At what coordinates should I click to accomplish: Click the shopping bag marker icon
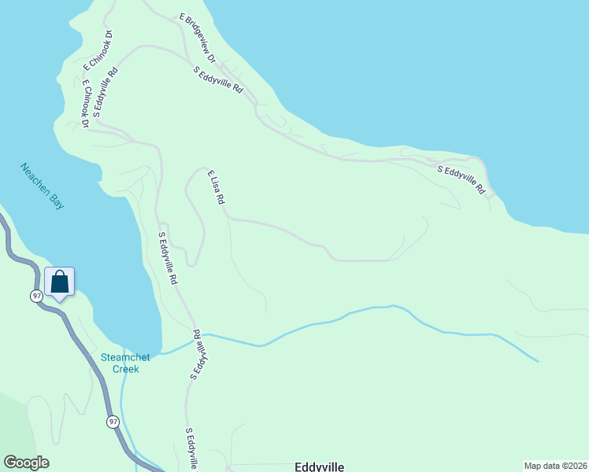(x=60, y=282)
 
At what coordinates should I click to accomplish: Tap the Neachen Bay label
(x=43, y=186)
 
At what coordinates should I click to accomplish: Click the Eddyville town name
(x=319, y=466)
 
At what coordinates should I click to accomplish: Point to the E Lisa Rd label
(x=217, y=188)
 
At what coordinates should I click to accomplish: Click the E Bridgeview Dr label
(x=197, y=37)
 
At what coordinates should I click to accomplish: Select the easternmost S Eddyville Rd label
(x=461, y=180)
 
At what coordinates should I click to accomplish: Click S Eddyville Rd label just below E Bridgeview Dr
(x=218, y=80)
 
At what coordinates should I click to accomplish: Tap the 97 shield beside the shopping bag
(x=36, y=295)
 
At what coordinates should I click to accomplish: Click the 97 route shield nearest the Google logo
(x=113, y=422)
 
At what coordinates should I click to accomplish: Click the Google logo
(x=26, y=463)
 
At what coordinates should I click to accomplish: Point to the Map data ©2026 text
(x=555, y=466)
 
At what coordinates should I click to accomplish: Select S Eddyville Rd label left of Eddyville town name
(x=191, y=448)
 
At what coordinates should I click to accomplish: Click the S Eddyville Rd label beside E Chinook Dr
(x=105, y=93)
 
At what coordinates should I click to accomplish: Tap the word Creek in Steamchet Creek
(x=125, y=368)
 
